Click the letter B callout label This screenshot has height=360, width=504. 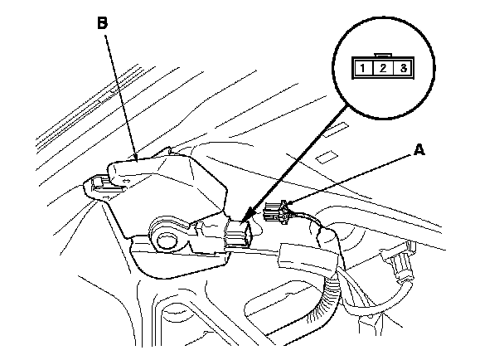[103, 24]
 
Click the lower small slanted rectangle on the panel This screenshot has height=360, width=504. [328, 155]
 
